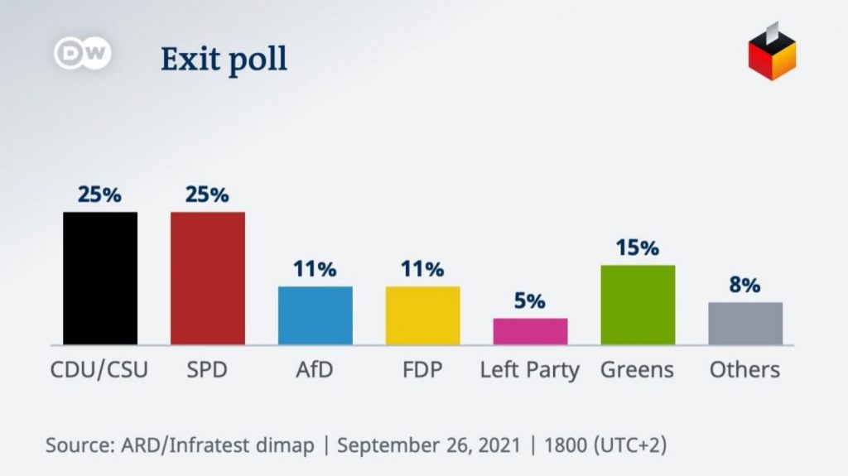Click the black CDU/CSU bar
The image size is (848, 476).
tap(100, 278)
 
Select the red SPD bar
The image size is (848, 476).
tap(207, 278)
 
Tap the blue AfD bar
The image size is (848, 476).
tap(315, 315)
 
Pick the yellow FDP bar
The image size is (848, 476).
tap(422, 315)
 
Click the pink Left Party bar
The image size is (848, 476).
tap(530, 331)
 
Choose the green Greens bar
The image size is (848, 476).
tap(638, 305)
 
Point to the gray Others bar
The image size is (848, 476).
tap(744, 324)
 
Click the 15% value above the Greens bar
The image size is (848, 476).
tap(638, 248)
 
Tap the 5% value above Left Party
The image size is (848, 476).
tap(530, 301)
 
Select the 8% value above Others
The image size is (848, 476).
tap(744, 285)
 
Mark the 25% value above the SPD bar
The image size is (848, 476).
tap(207, 195)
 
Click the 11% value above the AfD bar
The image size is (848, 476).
tap(315, 269)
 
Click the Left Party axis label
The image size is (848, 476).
tap(530, 370)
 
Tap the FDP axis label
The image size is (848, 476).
tap(422, 369)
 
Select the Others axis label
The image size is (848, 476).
tap(744, 369)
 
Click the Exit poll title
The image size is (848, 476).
tap(224, 60)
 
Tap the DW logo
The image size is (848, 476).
tap(83, 54)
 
